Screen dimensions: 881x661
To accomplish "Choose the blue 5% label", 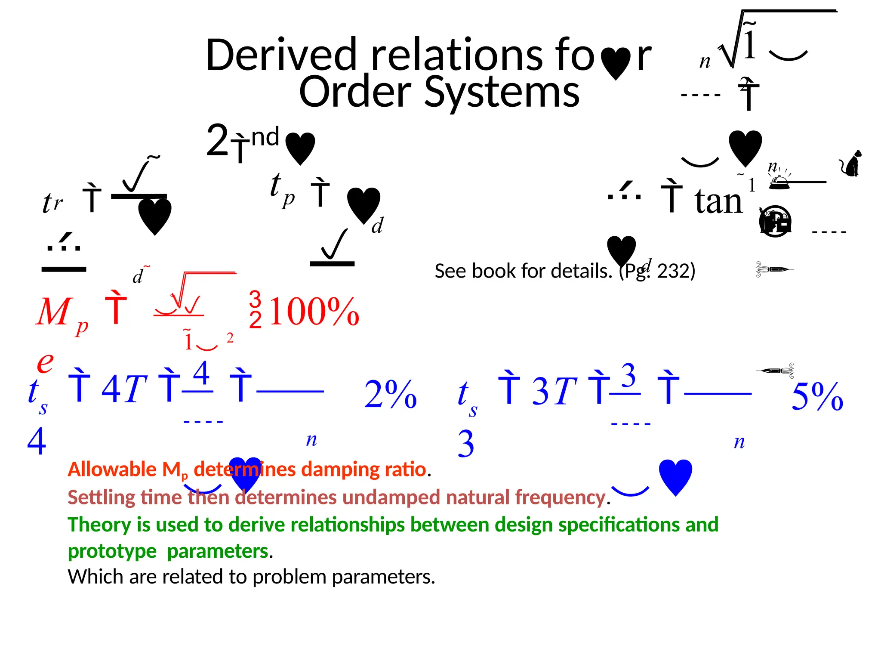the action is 817,396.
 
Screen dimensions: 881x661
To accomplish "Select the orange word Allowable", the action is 112,469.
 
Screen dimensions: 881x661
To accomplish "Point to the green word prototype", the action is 112,551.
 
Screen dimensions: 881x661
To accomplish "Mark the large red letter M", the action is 53,312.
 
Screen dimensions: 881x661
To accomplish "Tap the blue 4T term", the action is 124,389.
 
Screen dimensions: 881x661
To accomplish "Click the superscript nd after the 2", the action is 265,137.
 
